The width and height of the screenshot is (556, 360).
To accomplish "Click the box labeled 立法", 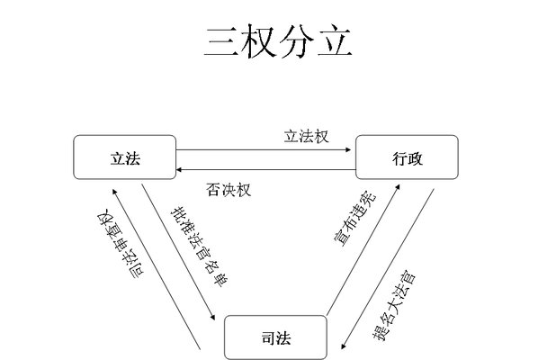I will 125,157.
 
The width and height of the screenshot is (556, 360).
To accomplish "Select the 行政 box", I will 407,157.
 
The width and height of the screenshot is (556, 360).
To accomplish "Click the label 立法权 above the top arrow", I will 306,137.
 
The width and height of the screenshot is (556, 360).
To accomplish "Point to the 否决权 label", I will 228,189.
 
